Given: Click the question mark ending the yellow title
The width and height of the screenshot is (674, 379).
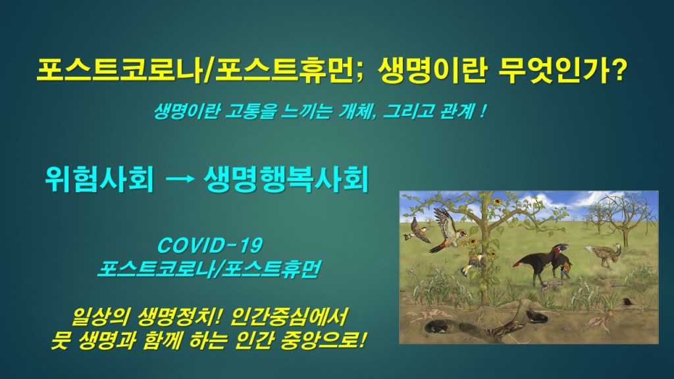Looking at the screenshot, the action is pos(617,70).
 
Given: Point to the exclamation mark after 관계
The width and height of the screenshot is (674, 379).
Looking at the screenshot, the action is pos(484,111).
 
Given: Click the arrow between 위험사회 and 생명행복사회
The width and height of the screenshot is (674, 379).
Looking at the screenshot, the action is pos(180,179).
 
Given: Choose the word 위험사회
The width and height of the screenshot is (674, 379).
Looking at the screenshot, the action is pos(99,179).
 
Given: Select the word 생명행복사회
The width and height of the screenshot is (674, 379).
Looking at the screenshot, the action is pos(286,179).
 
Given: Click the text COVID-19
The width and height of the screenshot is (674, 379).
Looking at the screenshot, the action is pos(210,246).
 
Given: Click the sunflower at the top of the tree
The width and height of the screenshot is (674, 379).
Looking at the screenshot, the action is pos(498,201).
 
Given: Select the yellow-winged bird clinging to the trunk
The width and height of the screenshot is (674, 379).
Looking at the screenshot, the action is pos(473,264).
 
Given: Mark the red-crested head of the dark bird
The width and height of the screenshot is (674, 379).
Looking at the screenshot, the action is pos(561,248).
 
